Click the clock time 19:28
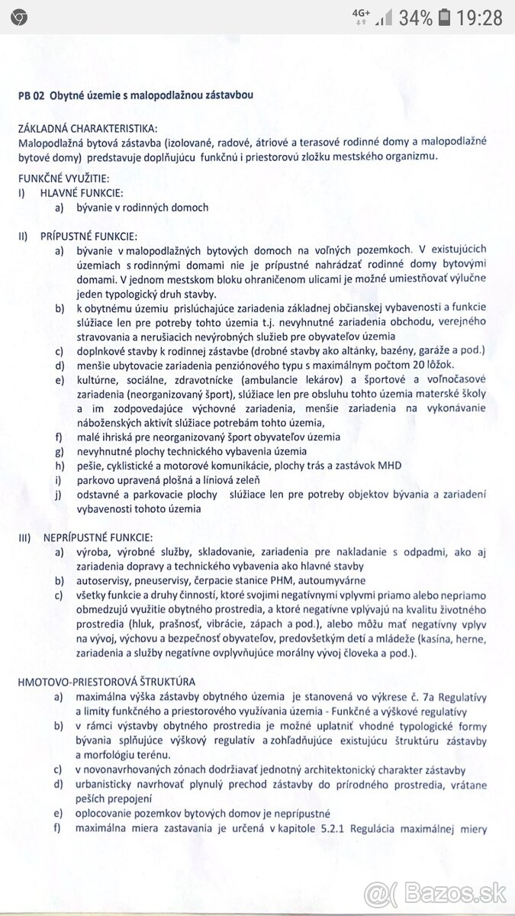coord(480,17)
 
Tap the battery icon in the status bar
coord(445,17)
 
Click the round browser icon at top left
coord(19,18)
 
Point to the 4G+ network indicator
coord(361,16)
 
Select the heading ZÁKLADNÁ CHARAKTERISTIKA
coord(89,128)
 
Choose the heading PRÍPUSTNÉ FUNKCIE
coord(89,236)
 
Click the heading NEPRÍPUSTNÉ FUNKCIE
coord(95,538)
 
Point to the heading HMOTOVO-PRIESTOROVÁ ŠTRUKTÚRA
coord(107,682)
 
